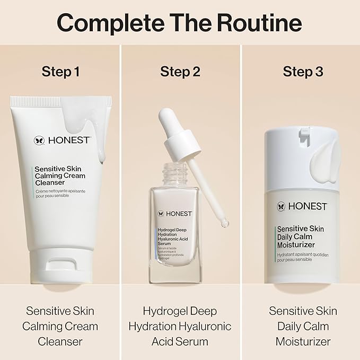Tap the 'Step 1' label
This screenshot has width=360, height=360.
[x=60, y=72]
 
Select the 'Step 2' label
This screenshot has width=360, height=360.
[x=180, y=72]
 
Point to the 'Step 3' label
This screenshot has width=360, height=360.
[x=303, y=72]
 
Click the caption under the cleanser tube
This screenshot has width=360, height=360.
[x=60, y=326]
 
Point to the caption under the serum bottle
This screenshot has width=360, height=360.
[x=180, y=326]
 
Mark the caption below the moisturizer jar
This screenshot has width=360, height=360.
[x=303, y=326]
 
